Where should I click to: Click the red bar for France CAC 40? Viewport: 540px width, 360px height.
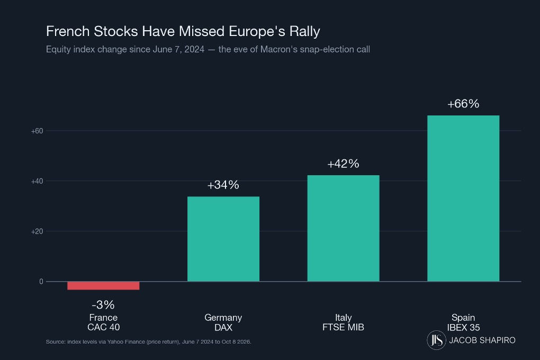103,285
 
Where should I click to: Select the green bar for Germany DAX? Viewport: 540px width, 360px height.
223,239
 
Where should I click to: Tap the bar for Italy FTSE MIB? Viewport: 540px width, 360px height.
344,228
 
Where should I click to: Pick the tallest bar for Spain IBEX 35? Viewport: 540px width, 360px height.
463,199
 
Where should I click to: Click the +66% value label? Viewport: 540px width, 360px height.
463,104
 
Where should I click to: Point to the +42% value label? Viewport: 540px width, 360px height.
344,164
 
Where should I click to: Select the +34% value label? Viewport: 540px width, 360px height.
223,185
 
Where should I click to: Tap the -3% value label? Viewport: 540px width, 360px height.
103,304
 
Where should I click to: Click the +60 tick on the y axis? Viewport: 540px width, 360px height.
37,131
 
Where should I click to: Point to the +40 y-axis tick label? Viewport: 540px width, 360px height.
37,181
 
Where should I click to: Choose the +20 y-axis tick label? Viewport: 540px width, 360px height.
37,231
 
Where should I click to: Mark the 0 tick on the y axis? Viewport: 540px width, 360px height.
41,282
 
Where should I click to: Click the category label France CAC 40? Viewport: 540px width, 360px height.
103,322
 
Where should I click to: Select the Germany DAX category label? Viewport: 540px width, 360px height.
223,322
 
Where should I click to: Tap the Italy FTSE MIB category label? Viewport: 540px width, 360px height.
344,322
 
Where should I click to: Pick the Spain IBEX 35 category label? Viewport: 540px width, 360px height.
463,322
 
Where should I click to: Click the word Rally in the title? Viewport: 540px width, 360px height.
304,32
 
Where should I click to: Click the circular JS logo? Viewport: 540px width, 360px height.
436,340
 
